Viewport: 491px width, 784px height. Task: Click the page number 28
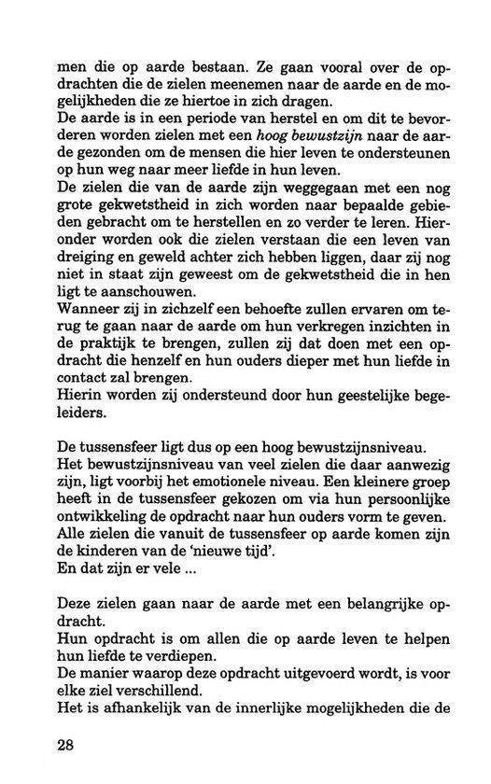pyautogui.click(x=67, y=746)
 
